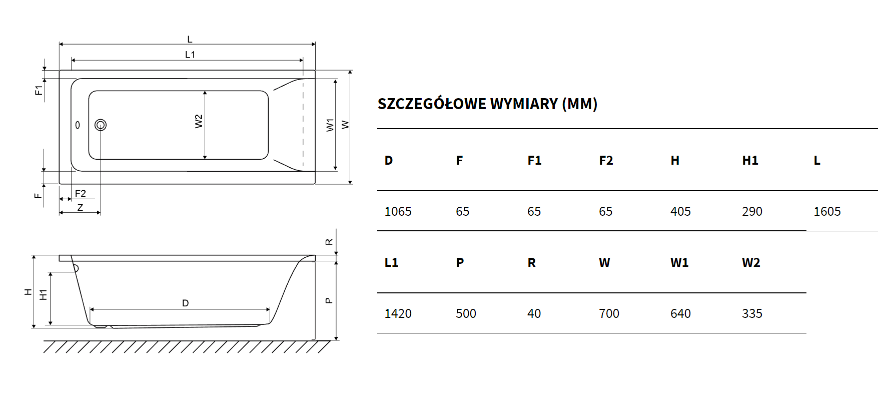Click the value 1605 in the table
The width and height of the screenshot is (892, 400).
tap(827, 212)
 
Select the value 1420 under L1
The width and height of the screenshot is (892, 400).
tap(398, 314)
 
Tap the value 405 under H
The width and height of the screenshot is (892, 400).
tap(680, 212)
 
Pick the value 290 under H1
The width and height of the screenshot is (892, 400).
tap(752, 212)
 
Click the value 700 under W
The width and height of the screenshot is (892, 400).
tap(609, 314)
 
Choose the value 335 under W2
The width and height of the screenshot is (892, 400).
tap(752, 314)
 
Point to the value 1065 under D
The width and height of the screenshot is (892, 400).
tap(398, 212)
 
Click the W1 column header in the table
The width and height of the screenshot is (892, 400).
tap(679, 263)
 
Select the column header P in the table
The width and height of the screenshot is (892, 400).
tap(460, 263)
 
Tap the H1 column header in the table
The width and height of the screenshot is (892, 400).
tap(750, 161)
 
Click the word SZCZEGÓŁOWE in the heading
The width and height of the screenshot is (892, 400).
tap(432, 104)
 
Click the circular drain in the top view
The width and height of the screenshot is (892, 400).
tap(101, 125)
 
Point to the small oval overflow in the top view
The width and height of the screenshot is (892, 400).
tap(78, 125)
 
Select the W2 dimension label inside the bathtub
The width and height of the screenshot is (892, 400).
tap(199, 122)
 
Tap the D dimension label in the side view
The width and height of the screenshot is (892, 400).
tap(186, 303)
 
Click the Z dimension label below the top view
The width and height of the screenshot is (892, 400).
tap(80, 207)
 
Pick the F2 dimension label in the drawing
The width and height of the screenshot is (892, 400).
tap(80, 194)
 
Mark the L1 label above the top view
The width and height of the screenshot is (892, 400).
tap(190, 55)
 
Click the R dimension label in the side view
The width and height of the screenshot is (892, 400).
tap(329, 242)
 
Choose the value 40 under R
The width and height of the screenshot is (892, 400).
tap(534, 314)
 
